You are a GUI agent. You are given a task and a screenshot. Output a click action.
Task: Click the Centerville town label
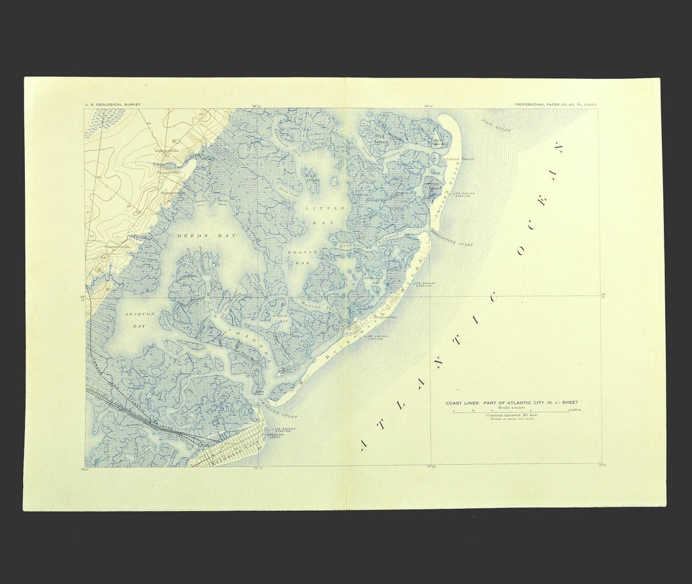tap(167, 151)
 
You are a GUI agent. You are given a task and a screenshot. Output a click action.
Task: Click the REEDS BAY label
tap(198, 236)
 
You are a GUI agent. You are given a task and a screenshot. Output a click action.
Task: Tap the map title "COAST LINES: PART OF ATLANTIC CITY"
tap(511, 403)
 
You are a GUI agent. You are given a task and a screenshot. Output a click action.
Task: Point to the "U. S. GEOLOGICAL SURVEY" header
tap(113, 104)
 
